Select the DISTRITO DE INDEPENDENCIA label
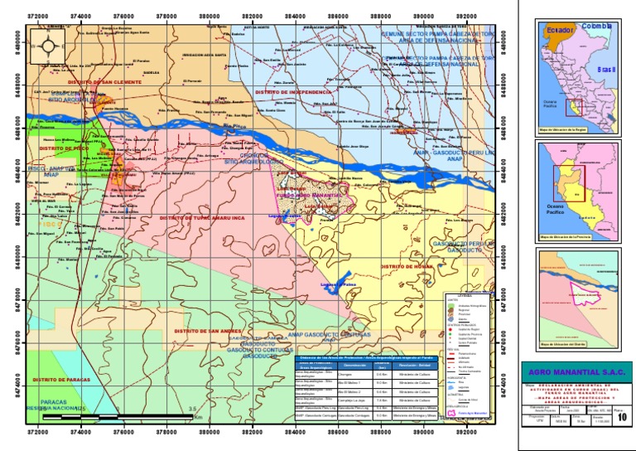(x=293, y=91)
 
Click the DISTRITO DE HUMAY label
(x=402, y=266)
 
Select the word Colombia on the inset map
(x=596, y=27)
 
